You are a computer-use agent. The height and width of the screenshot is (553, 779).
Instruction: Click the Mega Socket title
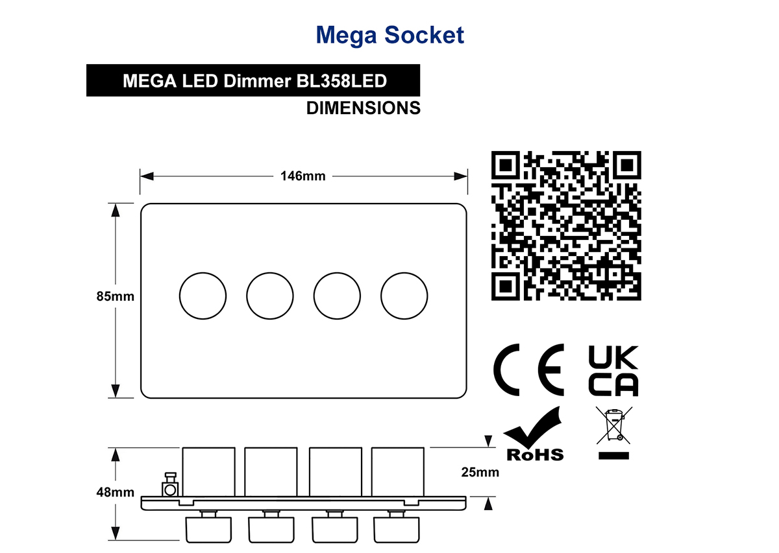pos(389,35)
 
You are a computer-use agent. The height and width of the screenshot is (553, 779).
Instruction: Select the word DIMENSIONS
pos(364,108)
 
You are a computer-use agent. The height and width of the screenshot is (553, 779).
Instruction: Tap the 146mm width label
pos(303,176)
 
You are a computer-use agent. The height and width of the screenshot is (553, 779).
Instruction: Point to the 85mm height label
pos(115,296)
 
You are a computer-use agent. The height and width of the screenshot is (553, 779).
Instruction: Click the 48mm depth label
pos(115,492)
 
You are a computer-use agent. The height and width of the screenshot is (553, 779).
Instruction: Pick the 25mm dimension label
pos(480,472)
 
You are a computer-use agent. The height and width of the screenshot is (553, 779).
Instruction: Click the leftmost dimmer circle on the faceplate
pos(203,273)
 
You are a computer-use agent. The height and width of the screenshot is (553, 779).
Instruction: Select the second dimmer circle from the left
pos(270,273)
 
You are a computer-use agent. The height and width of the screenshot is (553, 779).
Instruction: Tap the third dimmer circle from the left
pos(337,273)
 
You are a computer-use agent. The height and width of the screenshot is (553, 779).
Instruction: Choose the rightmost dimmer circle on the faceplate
pos(404,273)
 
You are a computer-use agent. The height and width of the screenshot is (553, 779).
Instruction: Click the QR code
pos(566,226)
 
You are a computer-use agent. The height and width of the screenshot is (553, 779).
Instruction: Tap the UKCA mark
pos(613,371)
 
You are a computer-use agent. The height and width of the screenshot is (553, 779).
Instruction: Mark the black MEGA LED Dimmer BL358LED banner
pos(253,80)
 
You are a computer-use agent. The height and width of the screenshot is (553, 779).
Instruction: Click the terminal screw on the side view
pos(170,485)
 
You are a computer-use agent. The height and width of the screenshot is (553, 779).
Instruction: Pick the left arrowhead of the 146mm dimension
pos(147,176)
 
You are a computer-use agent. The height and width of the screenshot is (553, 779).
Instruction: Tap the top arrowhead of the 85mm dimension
pos(115,210)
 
